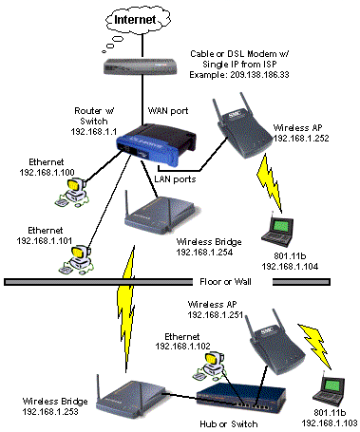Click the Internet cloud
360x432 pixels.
tap(138, 20)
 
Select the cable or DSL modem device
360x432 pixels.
tap(140, 66)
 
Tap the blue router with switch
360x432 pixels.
tap(156, 144)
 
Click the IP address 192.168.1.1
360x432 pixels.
tap(94, 132)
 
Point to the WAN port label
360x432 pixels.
tap(168, 111)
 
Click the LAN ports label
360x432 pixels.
tap(175, 179)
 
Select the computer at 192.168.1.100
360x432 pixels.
tap(73, 193)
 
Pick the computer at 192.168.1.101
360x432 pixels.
tap(76, 259)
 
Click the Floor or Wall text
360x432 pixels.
tap(225, 282)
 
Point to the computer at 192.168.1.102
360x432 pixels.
tap(210, 366)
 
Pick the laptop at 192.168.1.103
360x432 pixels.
tap(329, 390)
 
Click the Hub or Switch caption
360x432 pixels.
tap(229, 424)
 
